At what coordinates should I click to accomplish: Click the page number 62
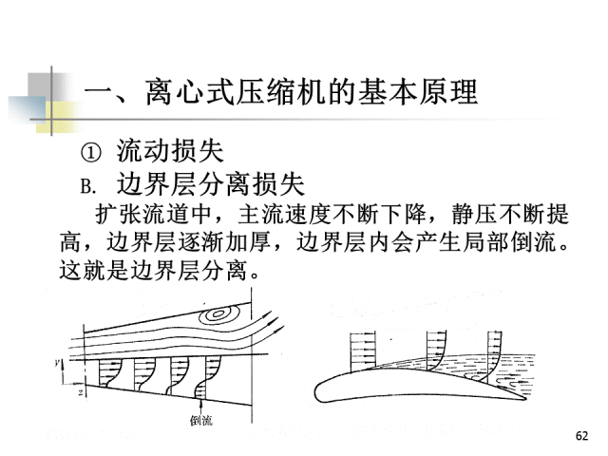click(582, 435)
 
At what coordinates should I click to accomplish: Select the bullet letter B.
click(91, 183)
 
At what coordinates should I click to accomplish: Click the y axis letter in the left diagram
click(59, 364)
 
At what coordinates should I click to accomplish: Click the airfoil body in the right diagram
click(399, 386)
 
